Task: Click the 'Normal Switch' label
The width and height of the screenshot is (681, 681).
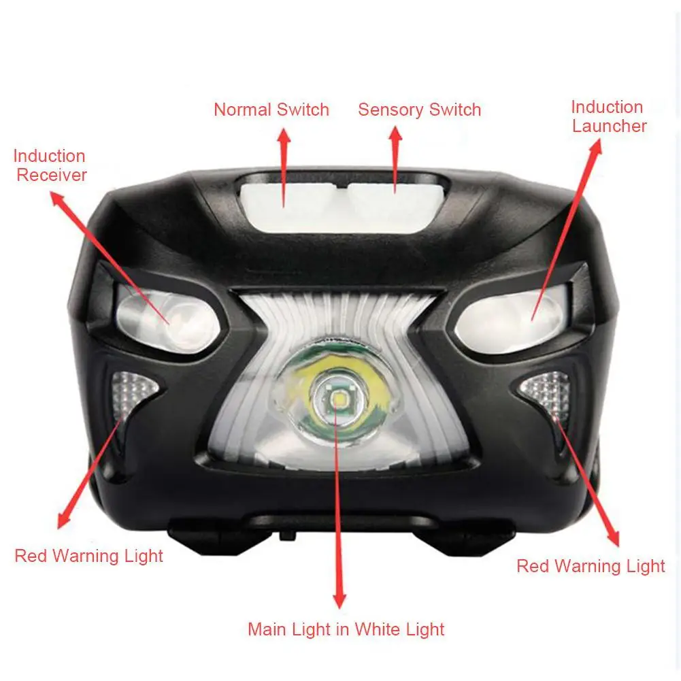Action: [x=271, y=110]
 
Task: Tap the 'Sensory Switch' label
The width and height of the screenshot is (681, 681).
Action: [x=420, y=110]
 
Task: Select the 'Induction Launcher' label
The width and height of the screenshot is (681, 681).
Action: [x=608, y=116]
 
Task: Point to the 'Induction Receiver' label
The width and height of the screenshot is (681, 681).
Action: [x=50, y=165]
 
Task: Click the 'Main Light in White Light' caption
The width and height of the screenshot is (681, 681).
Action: [x=346, y=629]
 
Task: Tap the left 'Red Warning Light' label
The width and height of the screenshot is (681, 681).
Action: [x=88, y=556]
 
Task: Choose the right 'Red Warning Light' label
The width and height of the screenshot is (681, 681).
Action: [x=591, y=566]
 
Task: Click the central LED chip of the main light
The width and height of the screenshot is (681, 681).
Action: [x=337, y=398]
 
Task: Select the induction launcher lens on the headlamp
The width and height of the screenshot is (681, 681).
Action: [x=511, y=319]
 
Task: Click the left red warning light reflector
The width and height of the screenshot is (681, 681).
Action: [x=131, y=393]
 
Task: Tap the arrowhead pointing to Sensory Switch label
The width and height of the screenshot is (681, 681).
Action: [x=395, y=133]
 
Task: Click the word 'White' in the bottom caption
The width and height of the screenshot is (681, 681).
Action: [x=375, y=629]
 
